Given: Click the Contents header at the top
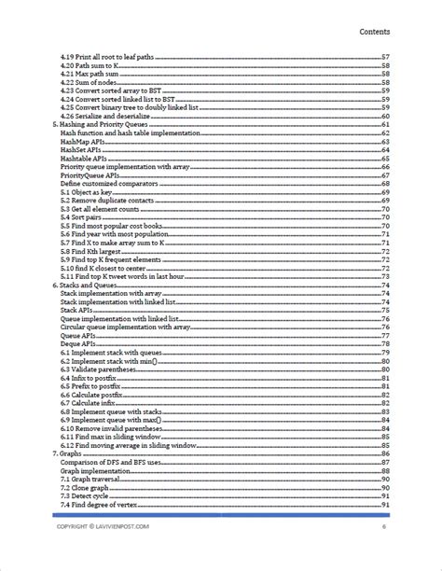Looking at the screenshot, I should (x=380, y=32).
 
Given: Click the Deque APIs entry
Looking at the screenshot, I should (x=80, y=344).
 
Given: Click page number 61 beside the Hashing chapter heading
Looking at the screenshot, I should (x=384, y=125).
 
